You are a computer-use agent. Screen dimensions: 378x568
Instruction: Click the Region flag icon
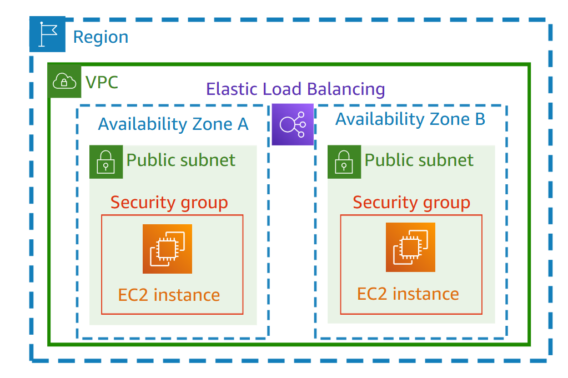[47, 34]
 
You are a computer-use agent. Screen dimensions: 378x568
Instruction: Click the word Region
[100, 37]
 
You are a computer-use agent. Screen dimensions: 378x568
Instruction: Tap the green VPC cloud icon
[65, 82]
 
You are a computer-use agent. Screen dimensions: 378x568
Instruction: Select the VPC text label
[102, 82]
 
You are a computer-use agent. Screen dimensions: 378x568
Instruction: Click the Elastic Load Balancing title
[295, 89]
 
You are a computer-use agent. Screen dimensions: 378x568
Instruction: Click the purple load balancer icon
[293, 124]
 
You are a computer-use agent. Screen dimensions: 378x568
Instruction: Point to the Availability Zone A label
[173, 124]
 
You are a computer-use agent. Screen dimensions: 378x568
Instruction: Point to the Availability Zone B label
[410, 119]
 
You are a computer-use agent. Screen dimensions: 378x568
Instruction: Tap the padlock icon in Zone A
[105, 162]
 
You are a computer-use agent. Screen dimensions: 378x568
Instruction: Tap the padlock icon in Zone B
[344, 162]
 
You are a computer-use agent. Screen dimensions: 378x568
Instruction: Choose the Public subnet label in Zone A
[181, 160]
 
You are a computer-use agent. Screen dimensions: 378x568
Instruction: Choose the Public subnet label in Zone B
[419, 160]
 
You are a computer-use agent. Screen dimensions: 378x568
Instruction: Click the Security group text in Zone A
[169, 203]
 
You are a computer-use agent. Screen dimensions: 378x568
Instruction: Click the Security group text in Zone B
[411, 203]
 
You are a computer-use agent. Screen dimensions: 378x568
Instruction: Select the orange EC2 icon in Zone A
[167, 249]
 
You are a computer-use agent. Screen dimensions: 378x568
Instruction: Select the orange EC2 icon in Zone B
[410, 247]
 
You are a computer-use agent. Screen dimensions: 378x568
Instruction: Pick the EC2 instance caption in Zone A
[169, 295]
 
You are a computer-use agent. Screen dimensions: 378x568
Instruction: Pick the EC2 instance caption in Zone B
[408, 294]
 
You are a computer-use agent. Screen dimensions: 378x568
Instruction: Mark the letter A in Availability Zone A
[242, 124]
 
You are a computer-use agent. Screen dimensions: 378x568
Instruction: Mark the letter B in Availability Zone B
[480, 119]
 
